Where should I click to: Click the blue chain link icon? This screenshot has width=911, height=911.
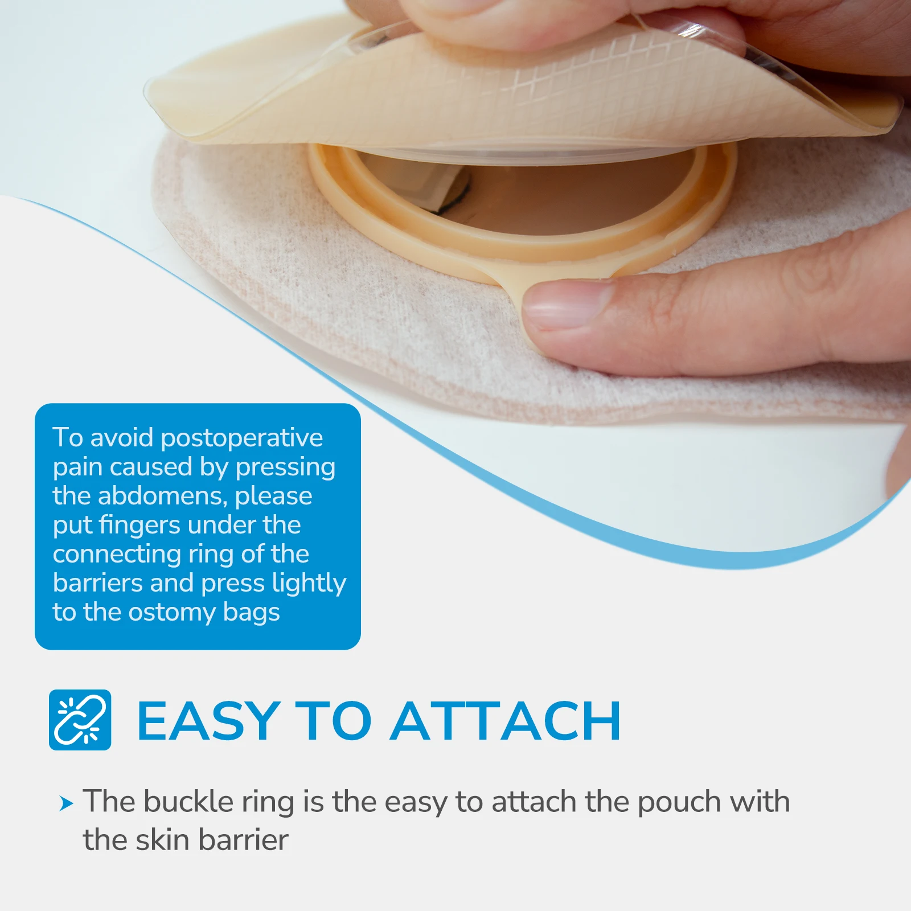tap(80, 720)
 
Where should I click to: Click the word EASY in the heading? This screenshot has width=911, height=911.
tap(208, 721)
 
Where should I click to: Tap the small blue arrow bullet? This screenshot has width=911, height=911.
tap(67, 804)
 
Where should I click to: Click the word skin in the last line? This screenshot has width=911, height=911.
tap(162, 840)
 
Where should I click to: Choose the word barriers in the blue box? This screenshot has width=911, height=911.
tap(97, 583)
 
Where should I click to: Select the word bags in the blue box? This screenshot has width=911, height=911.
tap(251, 613)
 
